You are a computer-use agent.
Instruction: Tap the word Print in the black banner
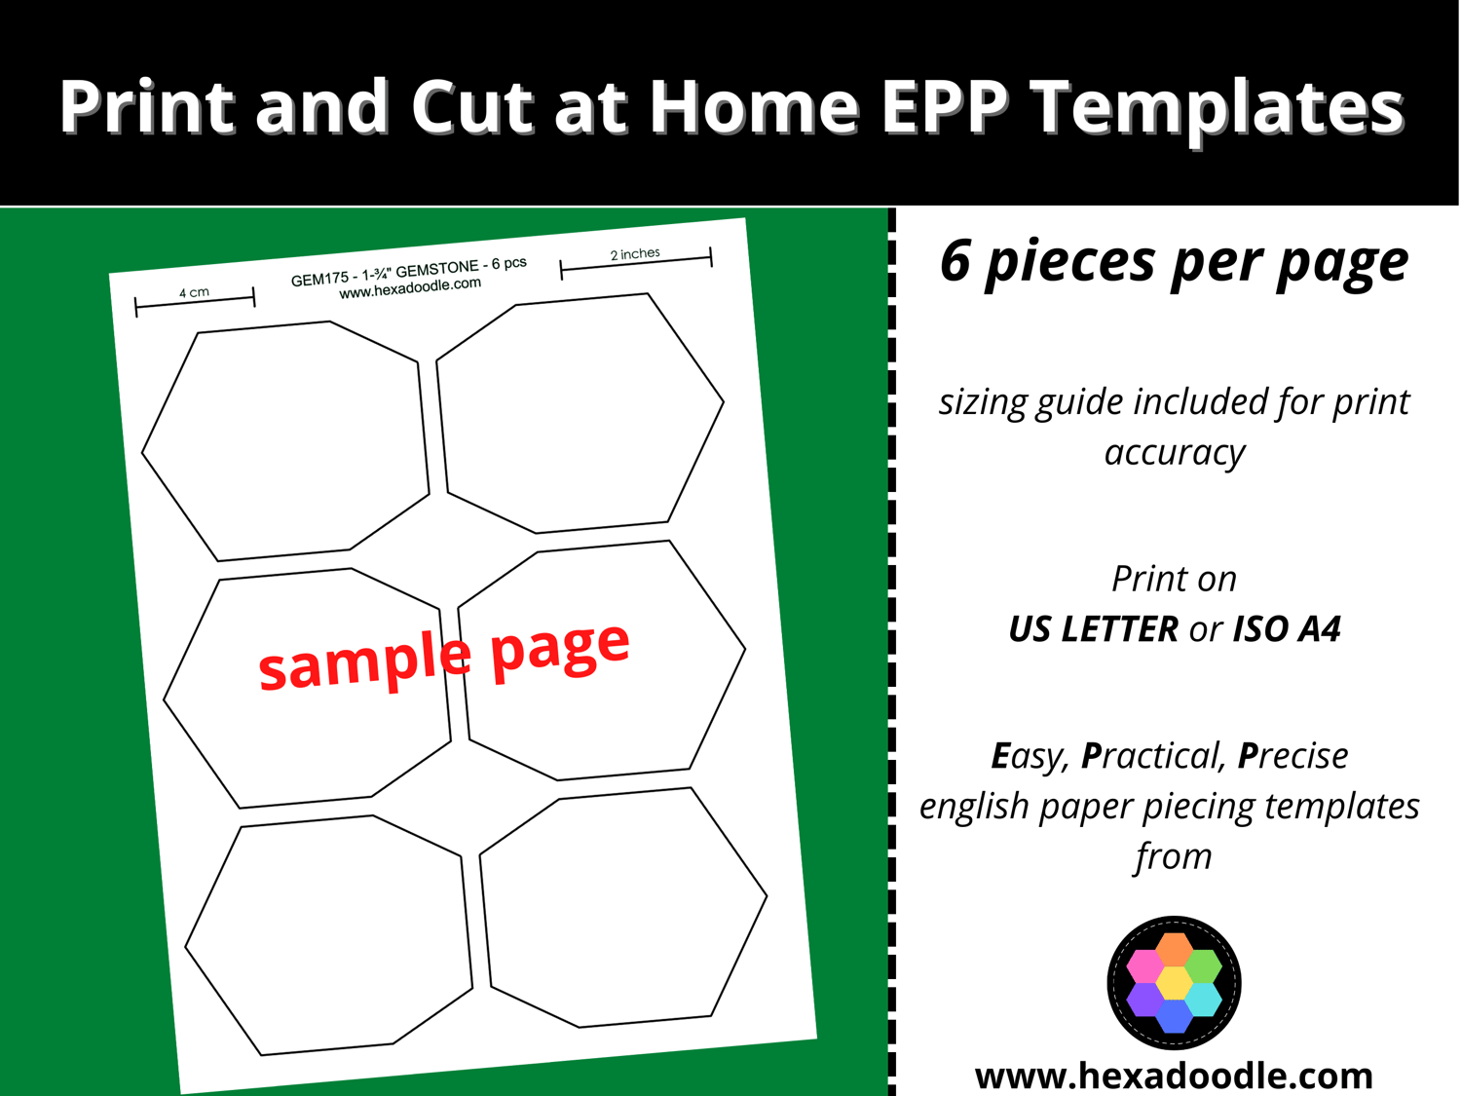pos(147,106)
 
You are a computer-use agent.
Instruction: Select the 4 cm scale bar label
pos(194,292)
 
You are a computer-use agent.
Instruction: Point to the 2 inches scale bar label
pos(635,253)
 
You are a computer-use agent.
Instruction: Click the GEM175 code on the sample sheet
pos(320,279)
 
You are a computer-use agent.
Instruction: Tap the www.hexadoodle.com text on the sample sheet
pos(410,288)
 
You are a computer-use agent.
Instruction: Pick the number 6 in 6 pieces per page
pos(955,260)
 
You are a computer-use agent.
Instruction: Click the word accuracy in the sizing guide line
pos(1175,453)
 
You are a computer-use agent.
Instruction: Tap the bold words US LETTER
pos(1093,628)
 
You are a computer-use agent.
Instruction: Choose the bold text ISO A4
pos(1287,628)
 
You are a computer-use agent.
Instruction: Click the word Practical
pos(1155,756)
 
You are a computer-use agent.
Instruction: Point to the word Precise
pos(1292,756)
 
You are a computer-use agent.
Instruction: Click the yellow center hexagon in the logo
pos(1174,983)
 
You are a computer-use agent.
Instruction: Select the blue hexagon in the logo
pos(1174,1016)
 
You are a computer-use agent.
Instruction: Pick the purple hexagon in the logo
pos(1144,1000)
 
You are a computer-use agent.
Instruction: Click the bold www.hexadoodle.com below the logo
pos(1174,1077)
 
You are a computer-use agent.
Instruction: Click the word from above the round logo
pos(1174,856)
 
